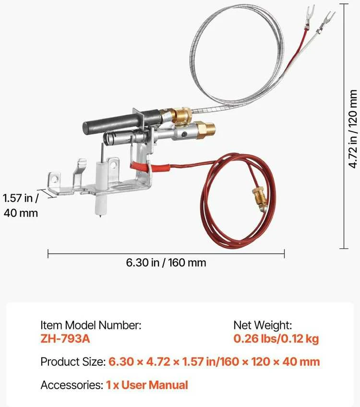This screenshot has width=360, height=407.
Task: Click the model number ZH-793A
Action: (x=65, y=339)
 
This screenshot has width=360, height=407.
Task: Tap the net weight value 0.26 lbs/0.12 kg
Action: (x=276, y=339)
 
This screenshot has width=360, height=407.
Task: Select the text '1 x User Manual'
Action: (x=147, y=385)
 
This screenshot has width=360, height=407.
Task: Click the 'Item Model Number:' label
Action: (x=91, y=325)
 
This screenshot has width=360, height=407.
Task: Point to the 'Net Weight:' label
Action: (x=263, y=325)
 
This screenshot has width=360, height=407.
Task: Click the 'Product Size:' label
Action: (x=73, y=362)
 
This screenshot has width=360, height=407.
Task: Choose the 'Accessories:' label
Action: (x=72, y=385)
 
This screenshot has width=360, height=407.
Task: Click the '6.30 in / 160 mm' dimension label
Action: (x=166, y=263)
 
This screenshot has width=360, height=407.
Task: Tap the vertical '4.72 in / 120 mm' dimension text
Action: (x=353, y=129)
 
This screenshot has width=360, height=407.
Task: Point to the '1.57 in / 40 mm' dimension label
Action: (x=21, y=206)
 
